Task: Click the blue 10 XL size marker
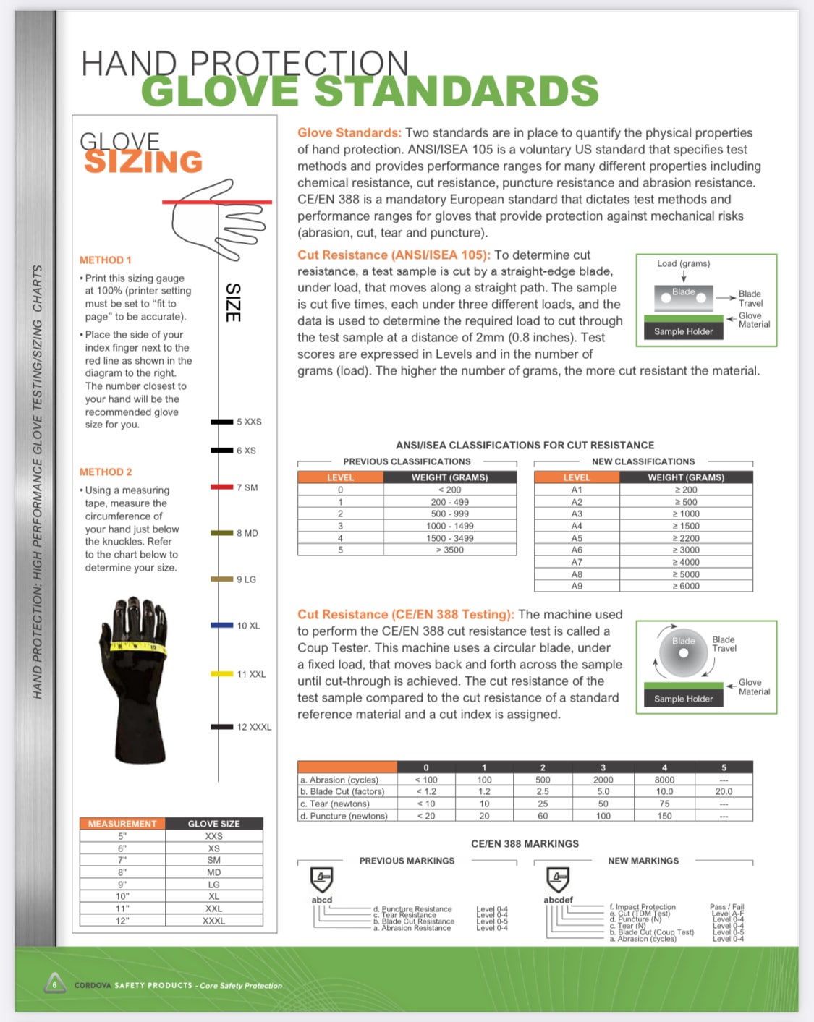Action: [x=222, y=625]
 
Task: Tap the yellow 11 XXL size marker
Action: [x=222, y=673]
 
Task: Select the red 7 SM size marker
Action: [x=221, y=487]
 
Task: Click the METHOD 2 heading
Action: [x=106, y=472]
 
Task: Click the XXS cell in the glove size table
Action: [x=213, y=835]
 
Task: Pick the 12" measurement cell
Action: [x=122, y=921]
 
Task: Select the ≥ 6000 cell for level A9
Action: [x=686, y=586]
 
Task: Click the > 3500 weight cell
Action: [x=449, y=550]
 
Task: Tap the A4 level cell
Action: [x=577, y=526]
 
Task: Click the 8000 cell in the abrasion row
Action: [x=664, y=780]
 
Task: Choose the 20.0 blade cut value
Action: [x=724, y=791]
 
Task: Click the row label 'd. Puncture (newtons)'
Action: [x=344, y=816]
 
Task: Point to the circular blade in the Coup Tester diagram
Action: [x=683, y=652]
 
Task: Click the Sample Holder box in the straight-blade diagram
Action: [x=684, y=331]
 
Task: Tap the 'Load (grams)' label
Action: [x=683, y=263]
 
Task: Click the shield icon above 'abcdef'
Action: [x=557, y=880]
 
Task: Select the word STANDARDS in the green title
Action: [x=457, y=92]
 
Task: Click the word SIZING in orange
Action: [x=143, y=162]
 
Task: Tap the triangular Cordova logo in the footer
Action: [x=55, y=984]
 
